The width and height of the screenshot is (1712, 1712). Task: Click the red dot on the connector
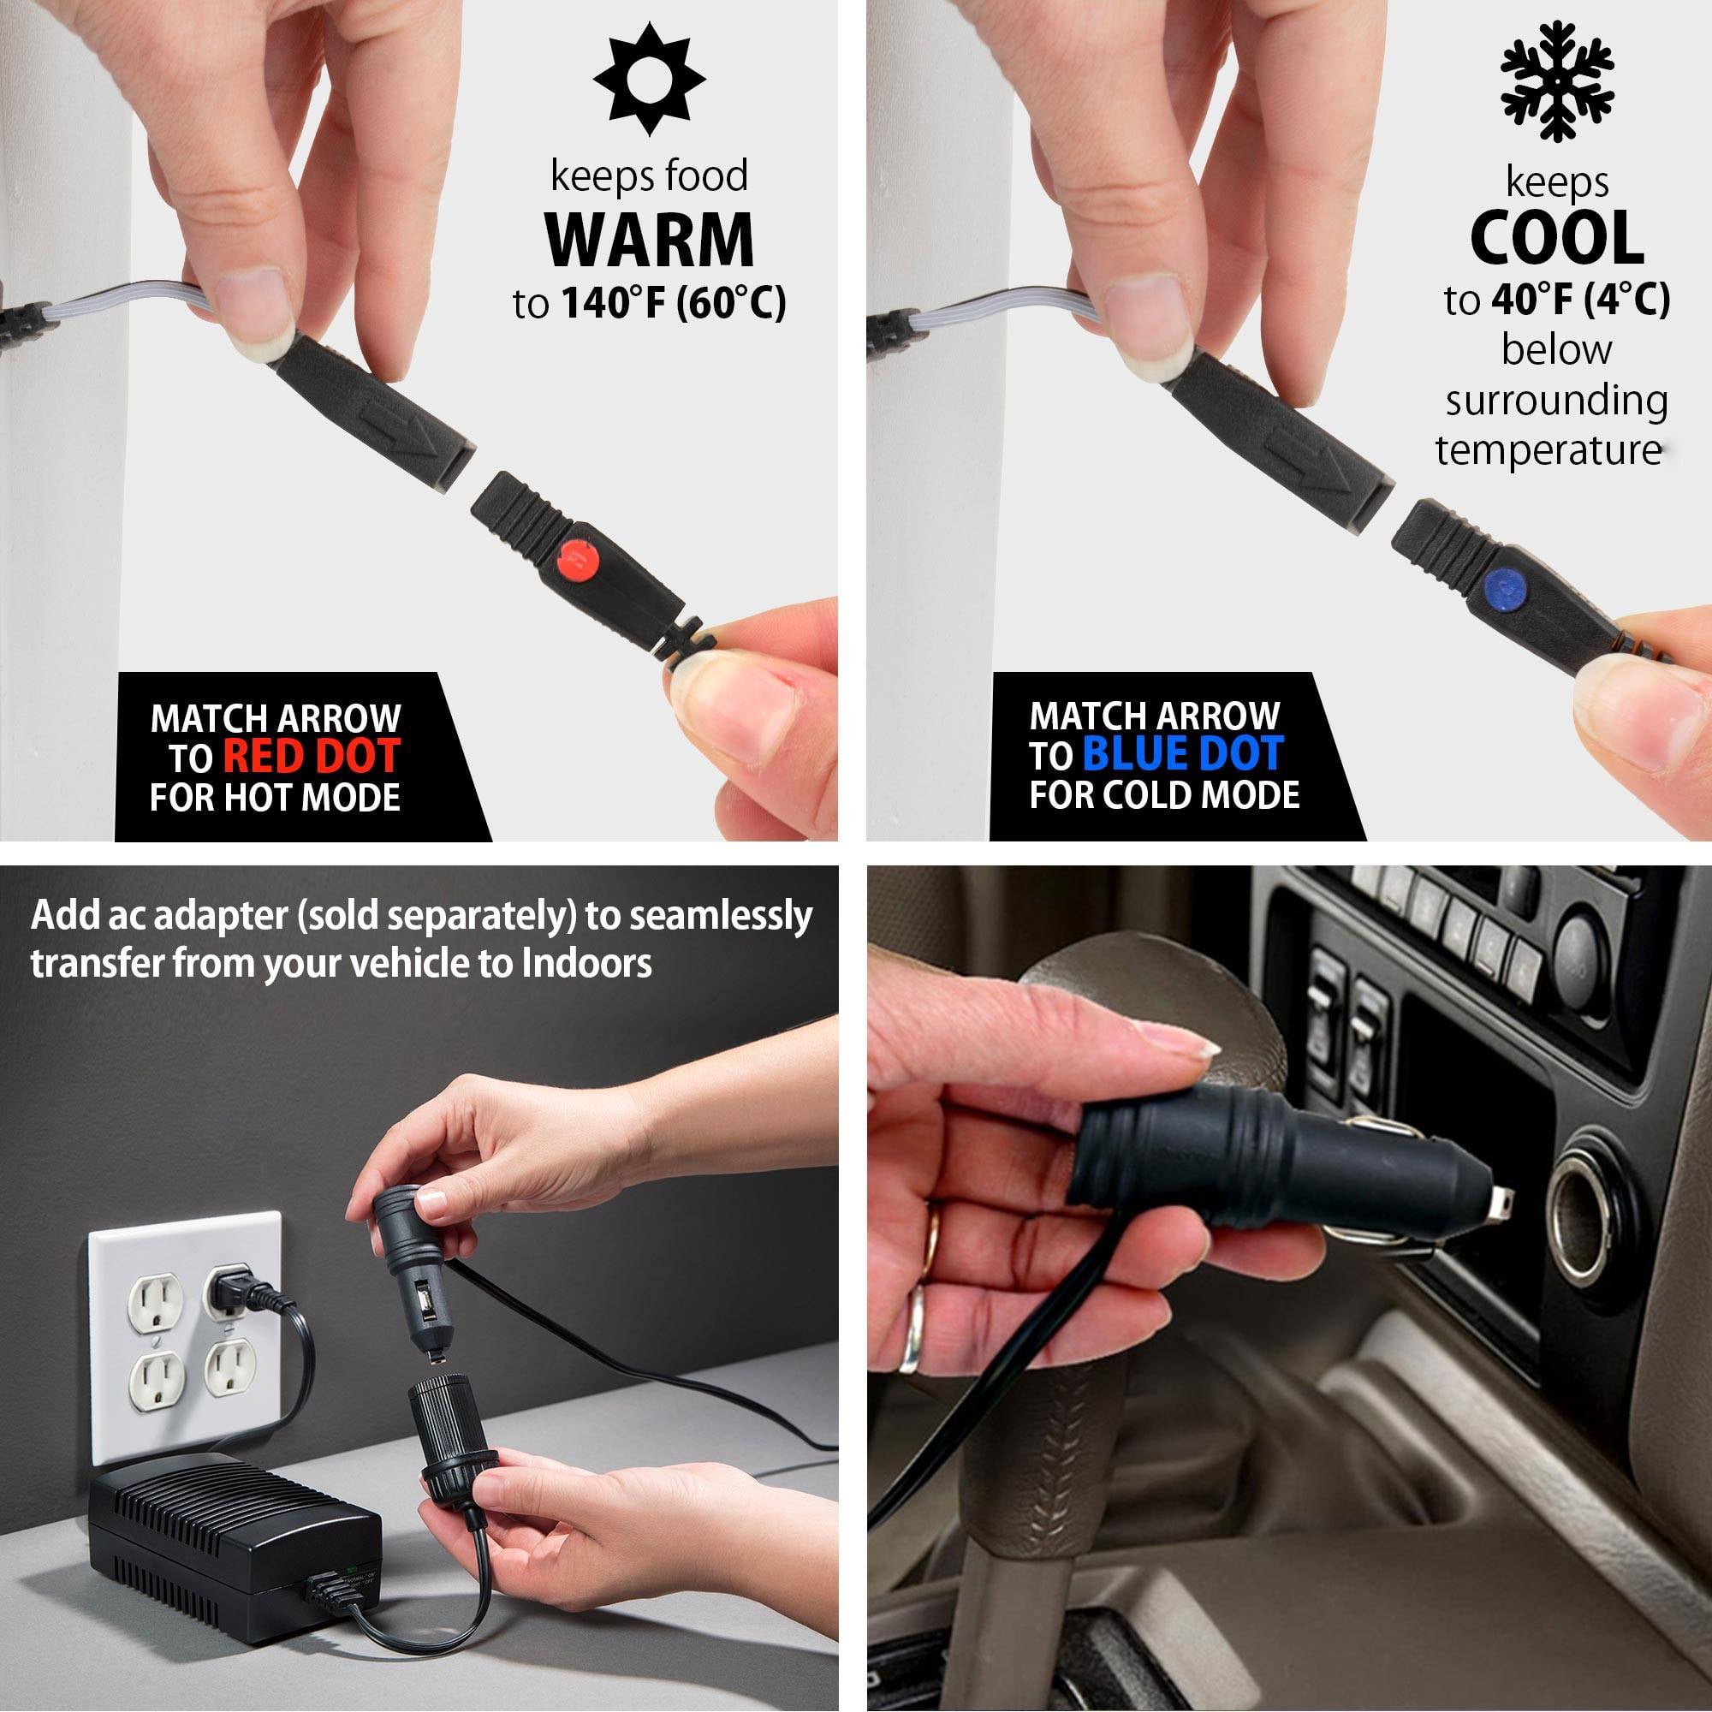pyautogui.click(x=576, y=560)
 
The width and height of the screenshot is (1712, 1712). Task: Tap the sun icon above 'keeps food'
pyautogui.click(x=649, y=80)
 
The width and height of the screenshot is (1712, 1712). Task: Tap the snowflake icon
pyautogui.click(x=1557, y=80)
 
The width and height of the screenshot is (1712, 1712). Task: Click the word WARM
pyautogui.click(x=649, y=240)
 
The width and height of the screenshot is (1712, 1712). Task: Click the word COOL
pyautogui.click(x=1557, y=237)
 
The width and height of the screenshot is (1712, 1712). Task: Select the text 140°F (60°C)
pyautogui.click(x=674, y=303)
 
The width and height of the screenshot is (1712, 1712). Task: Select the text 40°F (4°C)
pyautogui.click(x=1581, y=300)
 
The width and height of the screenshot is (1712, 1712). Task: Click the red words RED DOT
pyautogui.click(x=311, y=756)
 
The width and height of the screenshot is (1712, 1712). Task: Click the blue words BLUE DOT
pyautogui.click(x=1183, y=753)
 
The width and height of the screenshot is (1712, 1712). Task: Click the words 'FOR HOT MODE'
pyautogui.click(x=275, y=798)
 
